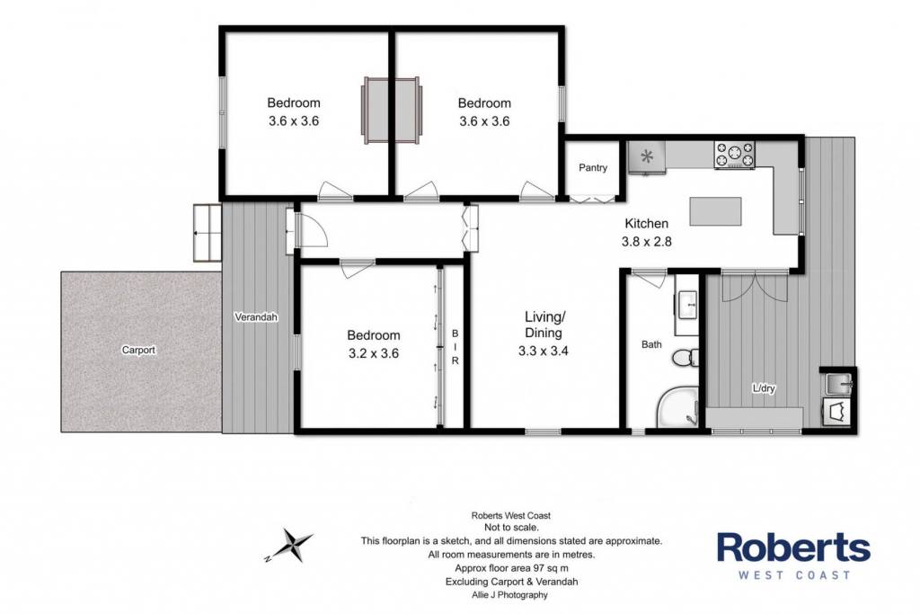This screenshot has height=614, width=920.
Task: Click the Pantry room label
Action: pyautogui.click(x=593, y=168)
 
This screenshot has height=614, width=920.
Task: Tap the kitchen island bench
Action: pyautogui.click(x=715, y=211)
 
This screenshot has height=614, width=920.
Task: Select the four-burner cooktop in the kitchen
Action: pyautogui.click(x=734, y=156)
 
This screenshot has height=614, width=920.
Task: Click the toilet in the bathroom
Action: pyautogui.click(x=686, y=357)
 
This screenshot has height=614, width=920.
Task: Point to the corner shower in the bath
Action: pyautogui.click(x=677, y=407)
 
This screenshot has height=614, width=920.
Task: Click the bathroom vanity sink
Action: pyautogui.click(x=686, y=305)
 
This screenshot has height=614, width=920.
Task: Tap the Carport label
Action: pyautogui.click(x=138, y=351)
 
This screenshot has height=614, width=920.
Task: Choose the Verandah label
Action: pyautogui.click(x=256, y=317)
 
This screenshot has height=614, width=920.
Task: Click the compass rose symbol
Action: pyautogui.click(x=290, y=545)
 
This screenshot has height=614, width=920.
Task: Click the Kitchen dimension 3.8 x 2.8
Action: pyautogui.click(x=646, y=241)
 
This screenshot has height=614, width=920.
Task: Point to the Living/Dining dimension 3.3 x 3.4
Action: pyautogui.click(x=543, y=351)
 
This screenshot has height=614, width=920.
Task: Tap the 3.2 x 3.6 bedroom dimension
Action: pyautogui.click(x=373, y=353)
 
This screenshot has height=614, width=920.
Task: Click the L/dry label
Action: pyautogui.click(x=764, y=388)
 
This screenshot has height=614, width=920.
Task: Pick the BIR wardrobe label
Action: pyautogui.click(x=455, y=348)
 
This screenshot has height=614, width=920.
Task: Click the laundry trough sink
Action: pyautogui.click(x=838, y=384)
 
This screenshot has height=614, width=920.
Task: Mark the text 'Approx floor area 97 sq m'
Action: pyautogui.click(x=511, y=568)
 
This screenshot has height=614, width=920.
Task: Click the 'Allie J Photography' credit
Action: pyautogui.click(x=510, y=594)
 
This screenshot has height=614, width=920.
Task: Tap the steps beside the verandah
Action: pyautogui.click(x=208, y=233)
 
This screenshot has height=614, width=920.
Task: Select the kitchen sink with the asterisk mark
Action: pyautogui.click(x=647, y=157)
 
